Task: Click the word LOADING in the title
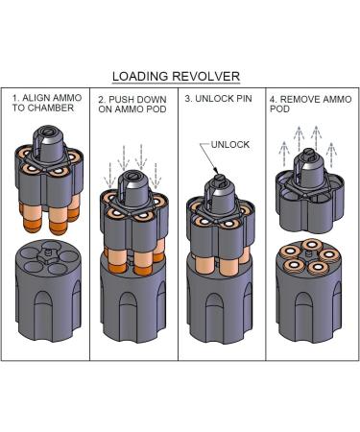[x=140, y=77]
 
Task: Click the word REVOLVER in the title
[x=205, y=77]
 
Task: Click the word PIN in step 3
[x=244, y=98]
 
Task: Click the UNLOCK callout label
[x=230, y=144]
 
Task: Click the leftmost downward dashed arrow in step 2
[x=109, y=176]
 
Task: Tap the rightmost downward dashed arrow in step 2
[x=156, y=176]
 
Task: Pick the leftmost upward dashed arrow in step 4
[x=284, y=153]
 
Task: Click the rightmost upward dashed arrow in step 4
[x=331, y=154]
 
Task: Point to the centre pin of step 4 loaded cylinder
[x=308, y=254]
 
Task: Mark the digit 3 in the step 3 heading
[x=187, y=98]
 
